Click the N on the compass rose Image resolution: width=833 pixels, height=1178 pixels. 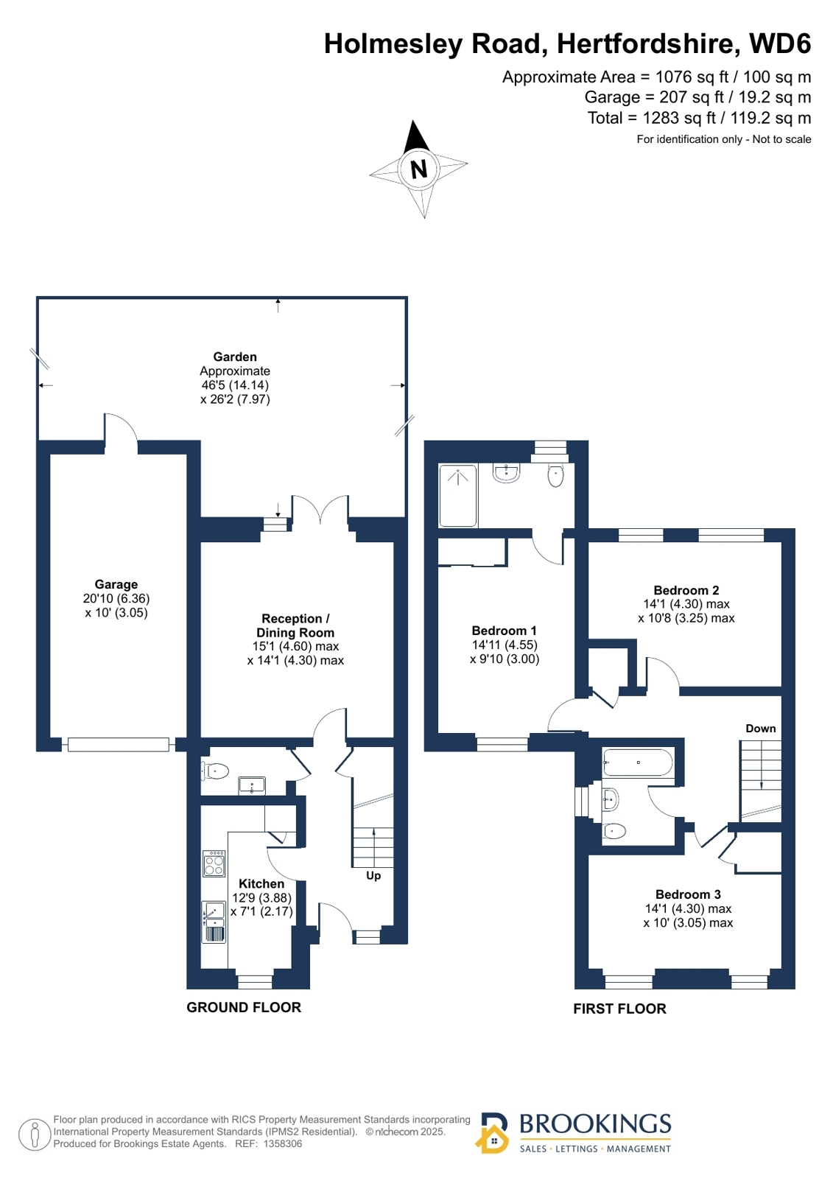click(418, 169)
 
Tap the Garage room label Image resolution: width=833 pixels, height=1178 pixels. click(116, 584)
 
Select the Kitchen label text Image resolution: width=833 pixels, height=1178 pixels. click(261, 883)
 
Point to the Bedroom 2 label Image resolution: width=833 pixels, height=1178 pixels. click(686, 590)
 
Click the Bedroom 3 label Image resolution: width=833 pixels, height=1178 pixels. click(688, 894)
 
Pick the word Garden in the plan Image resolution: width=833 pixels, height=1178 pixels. click(235, 357)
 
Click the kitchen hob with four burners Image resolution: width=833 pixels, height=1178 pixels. click(214, 863)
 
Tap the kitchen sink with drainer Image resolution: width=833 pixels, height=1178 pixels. click(214, 922)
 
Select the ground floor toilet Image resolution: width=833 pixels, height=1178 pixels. click(215, 771)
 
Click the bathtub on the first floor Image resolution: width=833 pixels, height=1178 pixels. click(637, 762)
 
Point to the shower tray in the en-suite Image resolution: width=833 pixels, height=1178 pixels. click(458, 495)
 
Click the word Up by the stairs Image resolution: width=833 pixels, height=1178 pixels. click(373, 876)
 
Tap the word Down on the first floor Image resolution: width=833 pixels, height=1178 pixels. click(760, 729)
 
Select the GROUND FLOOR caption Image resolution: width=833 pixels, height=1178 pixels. click(244, 1007)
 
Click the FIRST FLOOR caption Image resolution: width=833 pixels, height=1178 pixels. click(619, 1009)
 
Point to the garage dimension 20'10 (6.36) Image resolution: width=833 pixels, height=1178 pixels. click(116, 598)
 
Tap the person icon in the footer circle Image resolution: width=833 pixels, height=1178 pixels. click(35, 1135)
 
